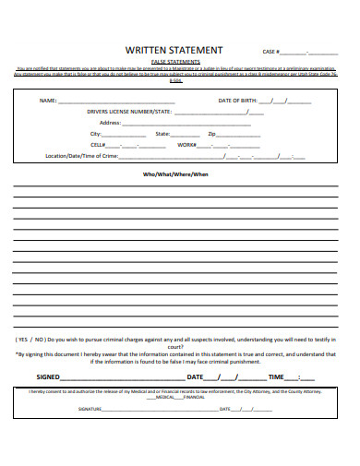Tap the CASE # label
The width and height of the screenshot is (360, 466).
pos(271,52)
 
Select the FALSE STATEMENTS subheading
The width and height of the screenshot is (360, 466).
pos(174,61)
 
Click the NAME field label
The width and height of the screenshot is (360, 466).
pos(47,100)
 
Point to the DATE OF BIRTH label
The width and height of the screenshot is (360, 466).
pos(237,100)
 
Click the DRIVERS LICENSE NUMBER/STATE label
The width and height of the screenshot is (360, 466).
pos(130,111)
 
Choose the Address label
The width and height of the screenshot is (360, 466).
pos(110,123)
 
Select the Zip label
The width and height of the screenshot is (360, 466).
pos(211,134)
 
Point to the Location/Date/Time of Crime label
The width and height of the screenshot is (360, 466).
pos(82,156)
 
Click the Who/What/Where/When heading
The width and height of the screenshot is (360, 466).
pos(174,173)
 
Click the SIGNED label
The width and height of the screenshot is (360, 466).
pos(50,377)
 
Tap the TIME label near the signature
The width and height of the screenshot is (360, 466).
pos(276,377)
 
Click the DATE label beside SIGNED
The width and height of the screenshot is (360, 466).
pos(195,377)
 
